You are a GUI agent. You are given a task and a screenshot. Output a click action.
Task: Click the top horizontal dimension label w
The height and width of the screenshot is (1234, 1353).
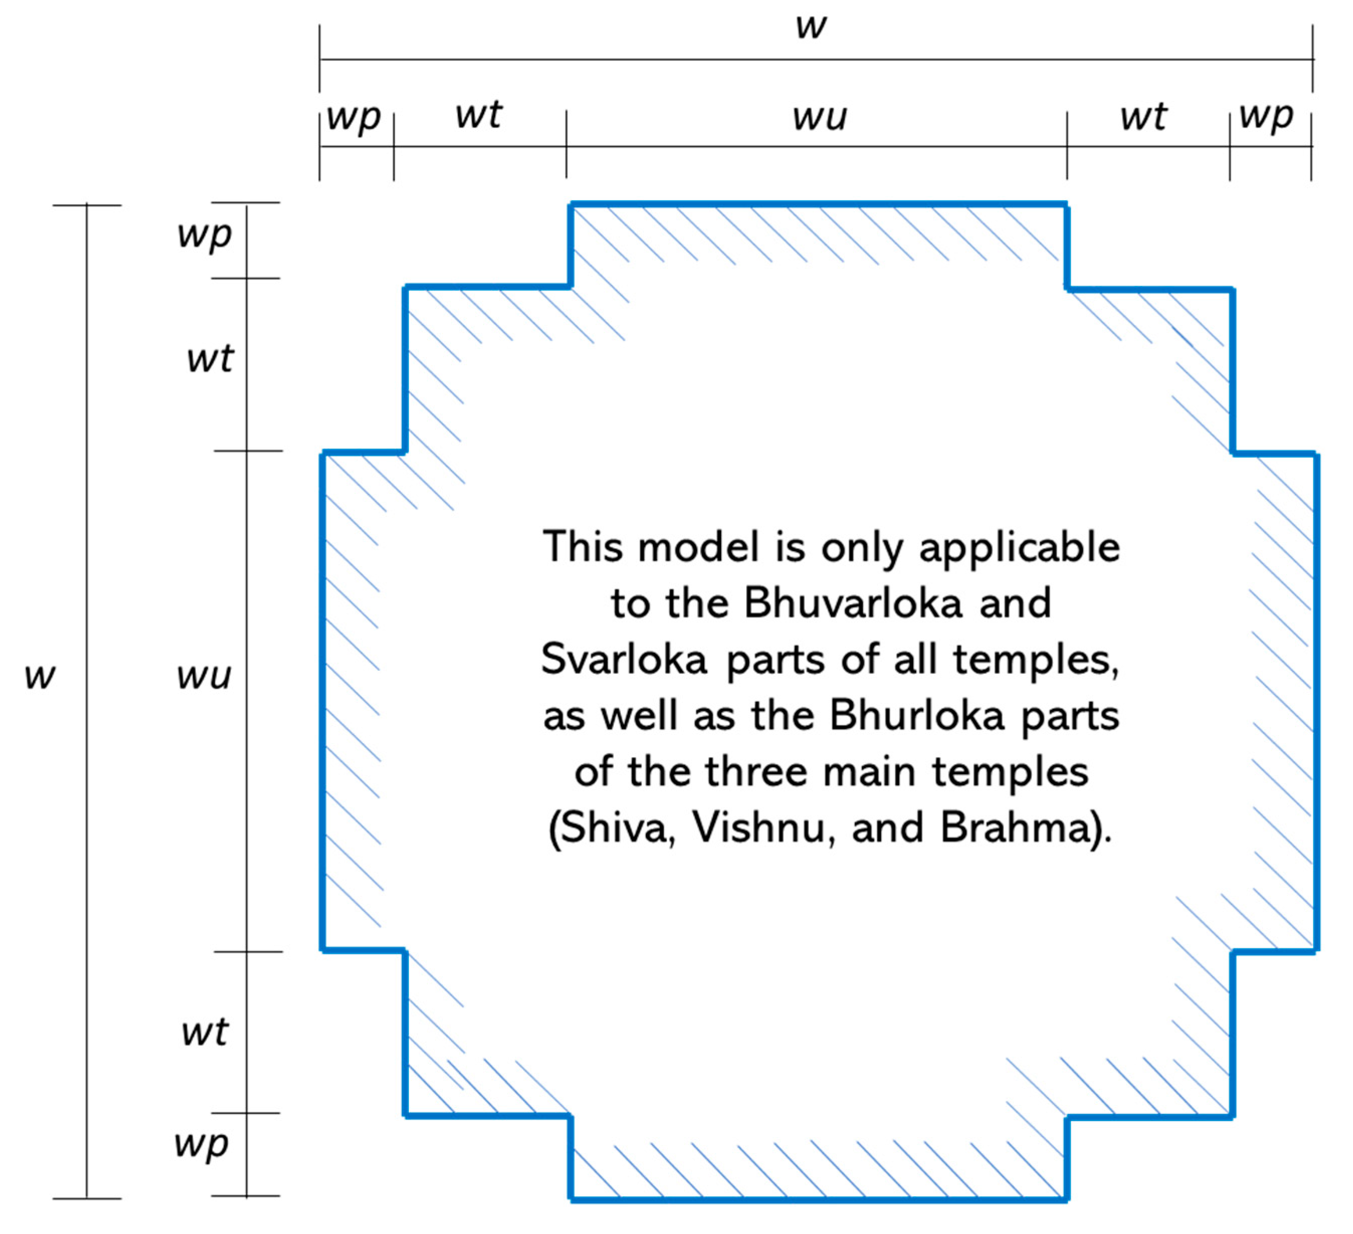[811, 27]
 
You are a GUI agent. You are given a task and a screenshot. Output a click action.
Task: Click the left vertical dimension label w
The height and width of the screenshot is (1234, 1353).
[40, 676]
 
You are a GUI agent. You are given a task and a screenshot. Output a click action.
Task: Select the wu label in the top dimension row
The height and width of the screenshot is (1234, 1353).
[820, 117]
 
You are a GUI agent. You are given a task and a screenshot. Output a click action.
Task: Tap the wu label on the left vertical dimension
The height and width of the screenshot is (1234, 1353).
[204, 676]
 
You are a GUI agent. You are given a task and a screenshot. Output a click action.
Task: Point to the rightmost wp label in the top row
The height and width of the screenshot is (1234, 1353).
[1266, 116]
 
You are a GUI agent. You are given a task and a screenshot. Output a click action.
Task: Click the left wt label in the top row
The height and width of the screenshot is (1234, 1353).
[479, 115]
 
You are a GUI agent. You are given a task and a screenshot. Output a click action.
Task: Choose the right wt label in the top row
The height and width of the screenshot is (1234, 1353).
[1144, 117]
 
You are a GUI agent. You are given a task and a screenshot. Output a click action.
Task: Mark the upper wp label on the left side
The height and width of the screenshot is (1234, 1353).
[205, 235]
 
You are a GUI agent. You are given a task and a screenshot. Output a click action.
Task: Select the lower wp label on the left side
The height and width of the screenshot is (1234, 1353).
[201, 1145]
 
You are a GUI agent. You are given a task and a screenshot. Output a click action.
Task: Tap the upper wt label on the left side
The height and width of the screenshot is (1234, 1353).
[210, 359]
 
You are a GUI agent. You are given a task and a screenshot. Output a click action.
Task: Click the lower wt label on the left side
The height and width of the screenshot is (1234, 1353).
[205, 1032]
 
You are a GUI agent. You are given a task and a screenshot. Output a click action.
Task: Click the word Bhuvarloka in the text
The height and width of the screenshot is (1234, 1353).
[853, 603]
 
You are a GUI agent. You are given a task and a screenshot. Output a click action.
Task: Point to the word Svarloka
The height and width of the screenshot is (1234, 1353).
[624, 659]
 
